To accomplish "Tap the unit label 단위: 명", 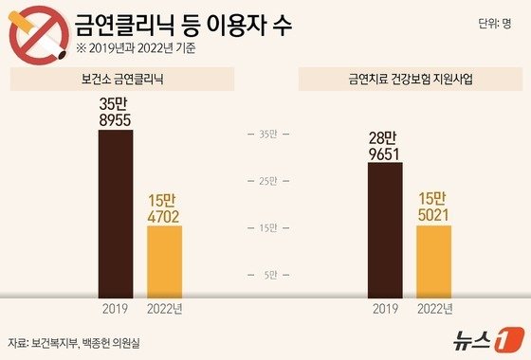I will click(x=493, y=27).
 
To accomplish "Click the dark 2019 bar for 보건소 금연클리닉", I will click(x=116, y=213).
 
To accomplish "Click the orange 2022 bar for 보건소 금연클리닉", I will click(x=164, y=261).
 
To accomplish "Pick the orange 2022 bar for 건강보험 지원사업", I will click(x=434, y=261).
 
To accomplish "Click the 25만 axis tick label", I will click(x=267, y=180).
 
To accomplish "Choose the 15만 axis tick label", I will click(x=267, y=227).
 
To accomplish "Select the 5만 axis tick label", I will click(x=269, y=275).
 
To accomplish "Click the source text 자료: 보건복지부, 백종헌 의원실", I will click(x=80, y=342).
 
